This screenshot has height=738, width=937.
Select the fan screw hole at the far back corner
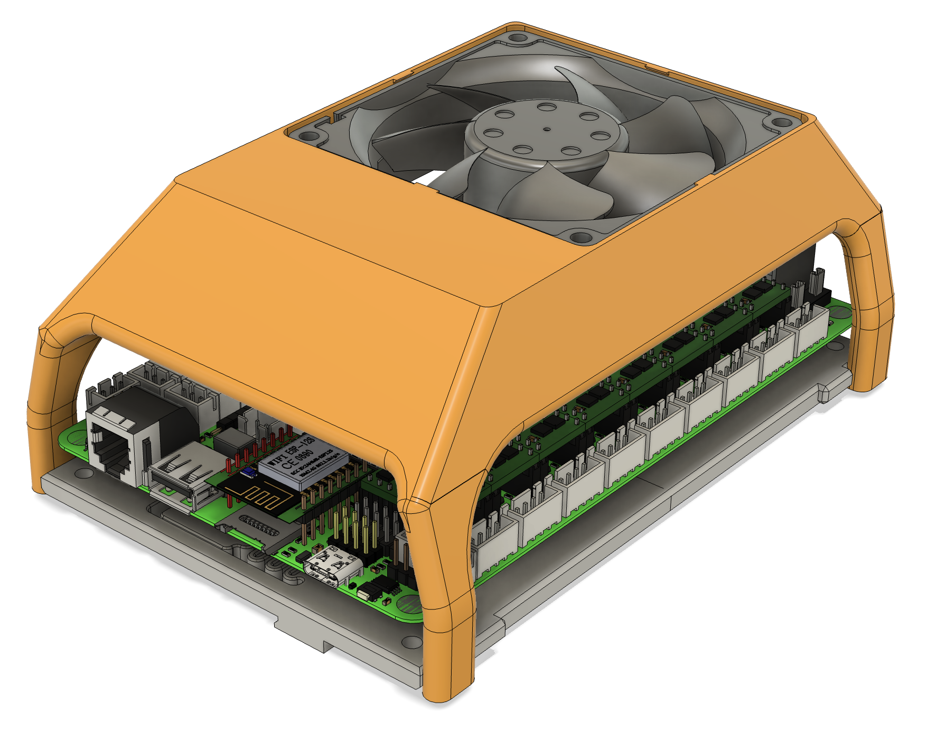pyautogui.click(x=515, y=38)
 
